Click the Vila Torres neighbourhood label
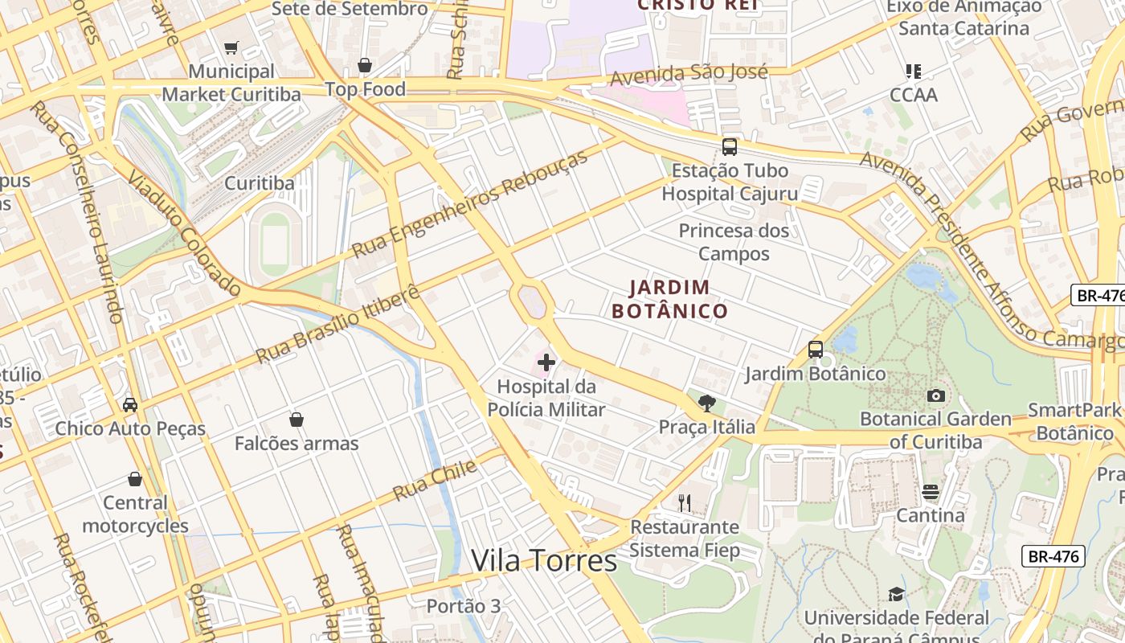(x=544, y=560)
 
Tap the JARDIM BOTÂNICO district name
(x=669, y=299)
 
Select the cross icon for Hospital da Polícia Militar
(x=546, y=362)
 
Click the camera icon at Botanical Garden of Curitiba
(x=935, y=395)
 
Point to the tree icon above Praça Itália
(x=707, y=403)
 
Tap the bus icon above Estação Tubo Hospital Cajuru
(x=730, y=147)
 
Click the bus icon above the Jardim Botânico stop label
(x=816, y=350)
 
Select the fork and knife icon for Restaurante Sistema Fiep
(x=685, y=503)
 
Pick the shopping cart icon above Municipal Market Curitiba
(x=231, y=48)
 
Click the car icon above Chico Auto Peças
(x=130, y=404)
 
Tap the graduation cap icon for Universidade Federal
(x=896, y=594)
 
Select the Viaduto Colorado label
(x=184, y=237)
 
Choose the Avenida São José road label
(x=689, y=75)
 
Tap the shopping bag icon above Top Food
(x=365, y=65)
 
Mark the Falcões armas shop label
(x=297, y=443)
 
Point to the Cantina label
(x=931, y=515)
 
